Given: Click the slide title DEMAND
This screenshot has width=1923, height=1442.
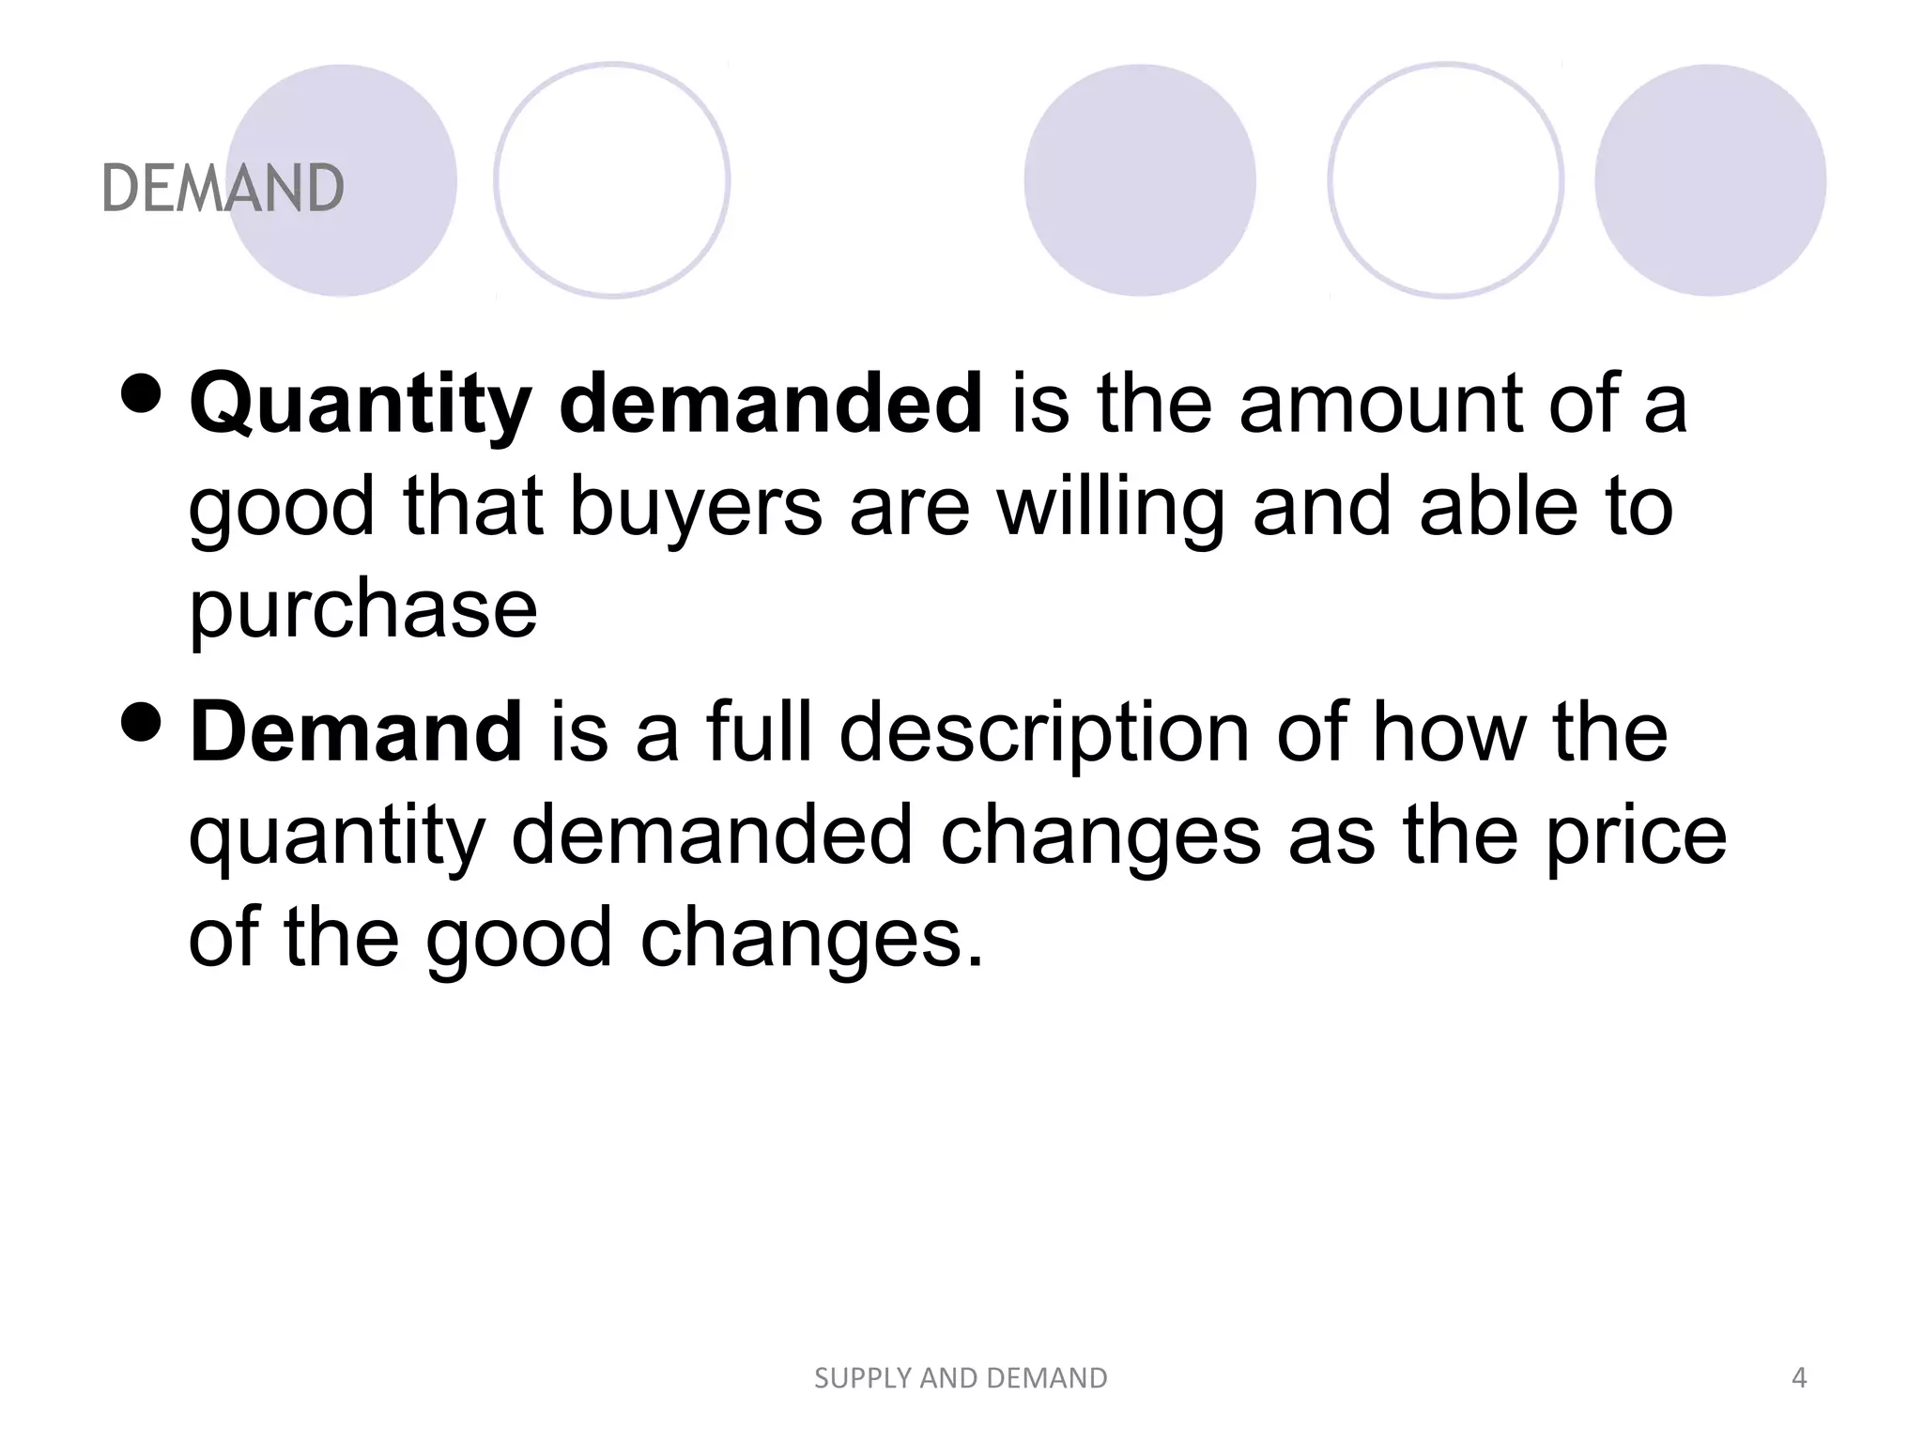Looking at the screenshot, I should (x=223, y=188).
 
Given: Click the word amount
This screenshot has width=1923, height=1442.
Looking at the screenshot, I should (x=1380, y=406).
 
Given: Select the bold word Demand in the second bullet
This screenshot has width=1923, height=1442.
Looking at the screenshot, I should (x=356, y=732).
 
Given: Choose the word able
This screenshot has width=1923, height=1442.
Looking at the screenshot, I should (x=1485, y=507).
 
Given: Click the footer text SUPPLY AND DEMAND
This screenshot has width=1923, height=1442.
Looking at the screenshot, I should (x=961, y=1378).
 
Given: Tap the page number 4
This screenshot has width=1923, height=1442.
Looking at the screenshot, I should (x=1799, y=1377).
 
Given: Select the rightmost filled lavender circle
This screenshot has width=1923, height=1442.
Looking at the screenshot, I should (x=1710, y=180).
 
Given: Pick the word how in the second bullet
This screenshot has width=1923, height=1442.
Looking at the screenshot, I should (x=1447, y=732).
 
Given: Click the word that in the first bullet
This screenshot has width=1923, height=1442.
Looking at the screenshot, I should (x=473, y=507).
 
